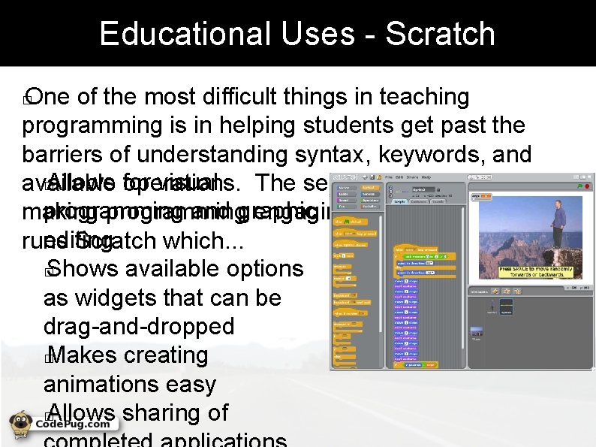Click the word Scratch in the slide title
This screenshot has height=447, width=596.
tap(441, 34)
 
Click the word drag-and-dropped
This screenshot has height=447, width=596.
tap(139, 327)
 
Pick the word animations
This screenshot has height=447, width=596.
tap(102, 384)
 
